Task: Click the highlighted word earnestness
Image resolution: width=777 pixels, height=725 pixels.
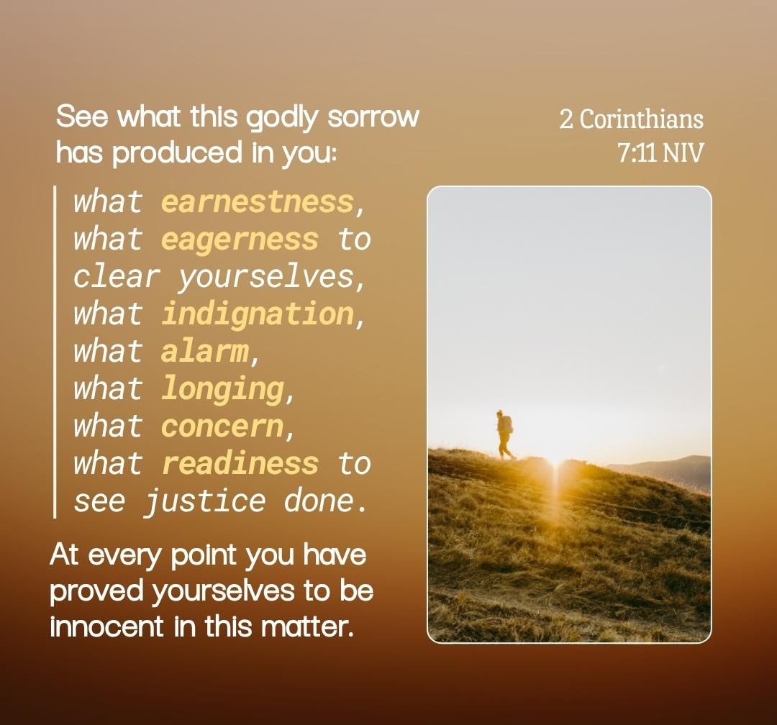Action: (257, 202)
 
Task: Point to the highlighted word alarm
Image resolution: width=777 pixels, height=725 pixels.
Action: (204, 351)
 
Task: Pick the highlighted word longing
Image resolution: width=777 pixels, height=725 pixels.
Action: (222, 390)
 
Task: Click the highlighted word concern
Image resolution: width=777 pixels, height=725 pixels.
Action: (222, 427)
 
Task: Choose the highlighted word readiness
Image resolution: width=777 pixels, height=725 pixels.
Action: (240, 463)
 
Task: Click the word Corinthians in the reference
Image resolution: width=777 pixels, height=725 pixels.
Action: (641, 119)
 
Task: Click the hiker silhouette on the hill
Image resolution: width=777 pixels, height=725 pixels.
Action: (505, 435)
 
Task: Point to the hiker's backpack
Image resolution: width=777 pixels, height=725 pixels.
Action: (507, 425)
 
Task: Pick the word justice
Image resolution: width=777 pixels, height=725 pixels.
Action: (205, 502)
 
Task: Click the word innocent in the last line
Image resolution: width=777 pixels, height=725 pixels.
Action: (106, 626)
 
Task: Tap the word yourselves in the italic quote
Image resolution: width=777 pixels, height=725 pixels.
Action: (266, 278)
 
